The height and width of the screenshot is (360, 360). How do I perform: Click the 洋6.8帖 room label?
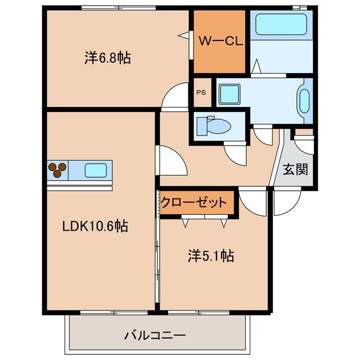(108, 58)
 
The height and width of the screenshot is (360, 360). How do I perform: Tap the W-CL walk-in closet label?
(220, 40)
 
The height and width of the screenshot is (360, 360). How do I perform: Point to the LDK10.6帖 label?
(95, 226)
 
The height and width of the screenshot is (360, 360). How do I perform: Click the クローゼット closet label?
(193, 202)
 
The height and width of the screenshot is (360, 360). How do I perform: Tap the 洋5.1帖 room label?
(210, 256)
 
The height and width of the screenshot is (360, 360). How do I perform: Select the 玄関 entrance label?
(295, 169)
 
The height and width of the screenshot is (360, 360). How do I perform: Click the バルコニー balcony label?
(155, 336)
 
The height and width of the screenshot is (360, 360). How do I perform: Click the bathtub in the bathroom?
(281, 25)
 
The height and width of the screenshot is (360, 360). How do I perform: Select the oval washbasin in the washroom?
(304, 101)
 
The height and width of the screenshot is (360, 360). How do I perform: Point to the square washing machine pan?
(229, 93)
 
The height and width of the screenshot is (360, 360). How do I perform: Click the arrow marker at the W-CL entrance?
(183, 35)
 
